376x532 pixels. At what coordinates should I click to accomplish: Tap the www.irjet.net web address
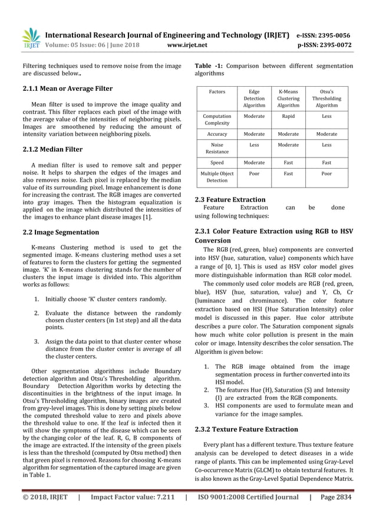tap(186, 44)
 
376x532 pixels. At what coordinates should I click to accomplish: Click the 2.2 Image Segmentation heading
tap(61, 232)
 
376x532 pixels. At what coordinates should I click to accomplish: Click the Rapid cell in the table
tap(288, 116)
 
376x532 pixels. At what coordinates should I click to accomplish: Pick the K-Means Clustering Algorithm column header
tap(288, 98)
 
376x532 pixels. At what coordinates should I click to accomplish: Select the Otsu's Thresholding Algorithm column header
tap(326, 98)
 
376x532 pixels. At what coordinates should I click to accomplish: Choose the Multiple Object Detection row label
tap(216, 178)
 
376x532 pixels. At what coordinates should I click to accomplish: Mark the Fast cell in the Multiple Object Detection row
tap(288, 175)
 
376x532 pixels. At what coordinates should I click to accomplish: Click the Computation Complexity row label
tap(216, 120)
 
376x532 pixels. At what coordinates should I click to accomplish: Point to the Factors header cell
tap(216, 92)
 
